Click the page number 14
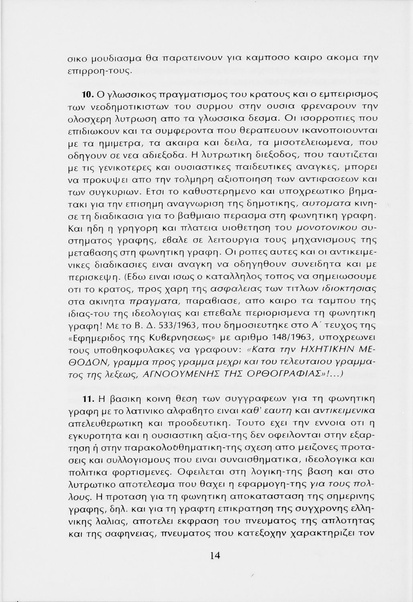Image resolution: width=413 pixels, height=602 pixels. (x=215, y=556)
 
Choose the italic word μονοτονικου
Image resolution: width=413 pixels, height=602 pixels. (x=320, y=229)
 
